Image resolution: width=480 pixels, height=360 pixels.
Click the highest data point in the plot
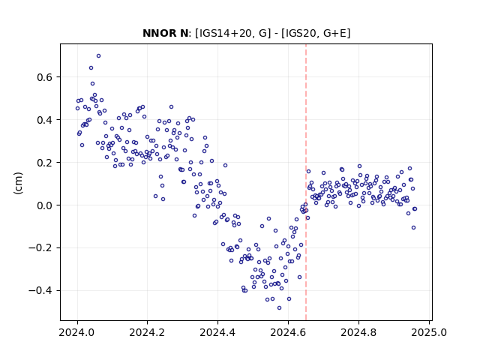(98, 56)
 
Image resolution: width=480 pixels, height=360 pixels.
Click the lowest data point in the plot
(279, 307)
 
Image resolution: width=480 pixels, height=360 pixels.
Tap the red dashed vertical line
(306, 182)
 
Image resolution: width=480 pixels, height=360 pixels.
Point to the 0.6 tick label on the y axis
(45, 77)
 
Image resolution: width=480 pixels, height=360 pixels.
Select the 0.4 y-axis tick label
(45, 120)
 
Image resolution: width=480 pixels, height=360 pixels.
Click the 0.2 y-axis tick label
(45, 163)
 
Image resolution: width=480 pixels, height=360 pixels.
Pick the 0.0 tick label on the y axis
(45, 205)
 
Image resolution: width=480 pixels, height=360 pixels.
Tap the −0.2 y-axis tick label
(40, 247)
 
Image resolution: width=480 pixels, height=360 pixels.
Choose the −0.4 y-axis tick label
(40, 290)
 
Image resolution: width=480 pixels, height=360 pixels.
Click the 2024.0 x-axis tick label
(76, 332)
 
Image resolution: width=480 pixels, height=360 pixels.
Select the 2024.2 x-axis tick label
(147, 332)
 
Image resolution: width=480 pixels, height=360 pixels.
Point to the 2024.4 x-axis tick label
(217, 332)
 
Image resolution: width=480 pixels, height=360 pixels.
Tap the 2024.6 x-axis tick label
(288, 332)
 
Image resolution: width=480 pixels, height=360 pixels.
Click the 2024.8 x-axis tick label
(358, 332)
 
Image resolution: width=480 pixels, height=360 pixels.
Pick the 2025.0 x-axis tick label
(428, 332)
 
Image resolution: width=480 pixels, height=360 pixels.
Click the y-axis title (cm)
(18, 183)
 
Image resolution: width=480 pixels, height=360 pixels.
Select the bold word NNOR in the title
(157, 33)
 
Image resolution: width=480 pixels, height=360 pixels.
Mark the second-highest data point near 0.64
(91, 68)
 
